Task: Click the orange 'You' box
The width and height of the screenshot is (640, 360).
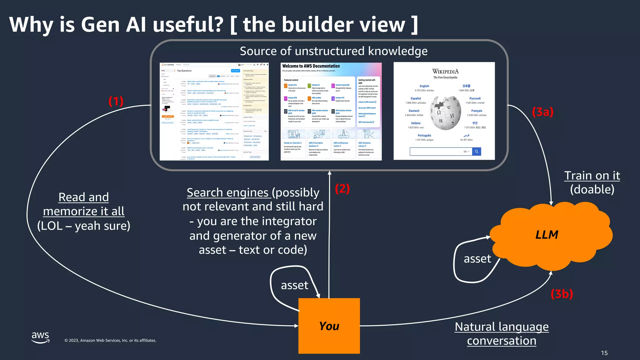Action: (329, 326)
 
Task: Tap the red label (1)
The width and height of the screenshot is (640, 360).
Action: (116, 101)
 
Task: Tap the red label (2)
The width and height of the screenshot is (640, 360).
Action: (342, 189)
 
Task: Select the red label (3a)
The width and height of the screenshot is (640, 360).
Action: (542, 112)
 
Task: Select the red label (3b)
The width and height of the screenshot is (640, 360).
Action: (562, 294)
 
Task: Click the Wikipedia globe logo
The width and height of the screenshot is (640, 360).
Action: (445, 113)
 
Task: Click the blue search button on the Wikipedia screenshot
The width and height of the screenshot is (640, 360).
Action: (477, 152)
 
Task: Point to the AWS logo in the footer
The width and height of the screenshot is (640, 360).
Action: (40, 337)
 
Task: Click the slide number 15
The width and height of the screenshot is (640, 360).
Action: (604, 353)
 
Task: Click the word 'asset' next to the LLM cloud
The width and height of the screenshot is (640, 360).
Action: (477, 259)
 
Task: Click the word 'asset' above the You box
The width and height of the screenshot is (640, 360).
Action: (294, 285)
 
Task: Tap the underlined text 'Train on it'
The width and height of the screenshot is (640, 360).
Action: (592, 176)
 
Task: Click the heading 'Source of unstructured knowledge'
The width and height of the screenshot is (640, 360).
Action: (333, 51)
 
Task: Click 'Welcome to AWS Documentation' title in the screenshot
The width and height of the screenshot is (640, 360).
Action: (311, 66)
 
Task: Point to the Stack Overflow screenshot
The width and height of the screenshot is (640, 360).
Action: (214, 112)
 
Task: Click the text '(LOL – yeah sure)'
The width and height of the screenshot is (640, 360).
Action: (83, 226)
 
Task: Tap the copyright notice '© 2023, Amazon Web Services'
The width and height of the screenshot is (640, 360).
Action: (110, 340)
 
